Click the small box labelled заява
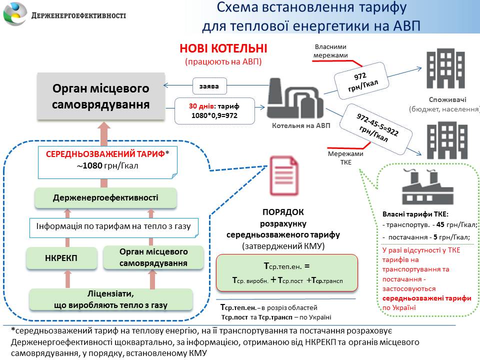click(208, 86)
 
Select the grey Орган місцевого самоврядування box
click(101, 96)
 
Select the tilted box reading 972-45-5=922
click(376, 127)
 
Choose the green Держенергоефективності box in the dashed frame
click(105, 198)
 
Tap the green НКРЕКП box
click(61, 257)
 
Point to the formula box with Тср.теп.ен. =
click(287, 272)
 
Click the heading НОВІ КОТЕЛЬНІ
click(223, 48)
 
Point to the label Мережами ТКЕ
click(346, 158)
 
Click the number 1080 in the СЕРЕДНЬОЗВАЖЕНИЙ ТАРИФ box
click(92, 166)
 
